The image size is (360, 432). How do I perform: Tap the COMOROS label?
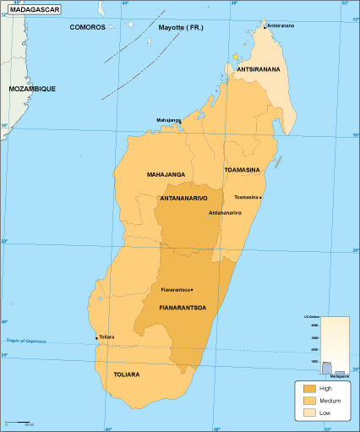[x=87, y=27]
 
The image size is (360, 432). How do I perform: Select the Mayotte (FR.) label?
[x=181, y=27]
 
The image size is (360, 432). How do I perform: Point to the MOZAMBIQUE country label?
[x=31, y=89]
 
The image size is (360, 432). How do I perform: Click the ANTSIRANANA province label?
[x=258, y=69]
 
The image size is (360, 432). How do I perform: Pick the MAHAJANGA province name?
[x=166, y=174]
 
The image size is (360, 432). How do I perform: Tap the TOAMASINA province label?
[x=246, y=170]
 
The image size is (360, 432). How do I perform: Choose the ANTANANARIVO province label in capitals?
[x=190, y=199]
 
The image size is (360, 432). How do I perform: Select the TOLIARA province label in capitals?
[x=127, y=373]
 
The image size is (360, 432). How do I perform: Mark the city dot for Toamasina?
[x=261, y=198]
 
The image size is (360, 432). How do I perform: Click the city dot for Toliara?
[x=96, y=337]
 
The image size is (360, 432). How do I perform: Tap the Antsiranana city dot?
[x=265, y=26]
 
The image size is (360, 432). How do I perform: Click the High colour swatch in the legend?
[x=307, y=389]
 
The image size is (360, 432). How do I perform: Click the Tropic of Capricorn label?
[x=23, y=341]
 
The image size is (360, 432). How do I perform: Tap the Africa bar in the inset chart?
[x=326, y=368]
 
